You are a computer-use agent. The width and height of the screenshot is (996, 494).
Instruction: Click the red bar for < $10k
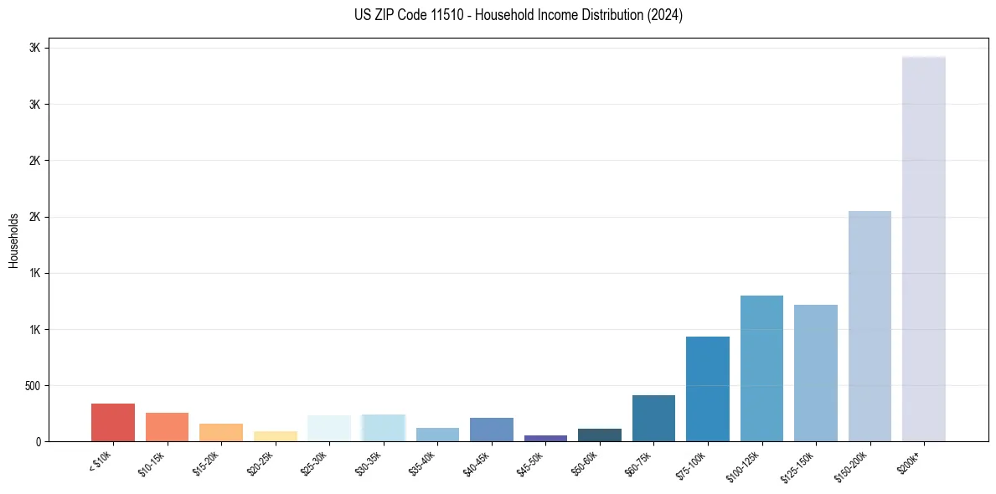(113, 423)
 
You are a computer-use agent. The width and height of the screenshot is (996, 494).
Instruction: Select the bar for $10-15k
(167, 427)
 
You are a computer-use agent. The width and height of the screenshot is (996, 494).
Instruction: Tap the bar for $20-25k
(276, 436)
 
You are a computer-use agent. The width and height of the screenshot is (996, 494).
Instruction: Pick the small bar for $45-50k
(545, 438)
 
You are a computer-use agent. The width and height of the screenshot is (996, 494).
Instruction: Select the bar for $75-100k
(708, 389)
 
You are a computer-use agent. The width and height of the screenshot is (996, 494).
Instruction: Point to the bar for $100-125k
(761, 368)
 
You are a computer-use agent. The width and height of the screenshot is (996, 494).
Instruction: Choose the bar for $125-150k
(816, 373)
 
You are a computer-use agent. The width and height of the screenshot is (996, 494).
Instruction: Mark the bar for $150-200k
(870, 326)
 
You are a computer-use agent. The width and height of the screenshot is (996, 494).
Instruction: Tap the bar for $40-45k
(492, 430)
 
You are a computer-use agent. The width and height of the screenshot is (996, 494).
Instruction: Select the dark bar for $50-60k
(600, 435)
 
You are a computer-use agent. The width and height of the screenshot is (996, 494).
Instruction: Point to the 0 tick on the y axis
(37, 442)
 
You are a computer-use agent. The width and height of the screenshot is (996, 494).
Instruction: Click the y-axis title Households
(13, 240)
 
